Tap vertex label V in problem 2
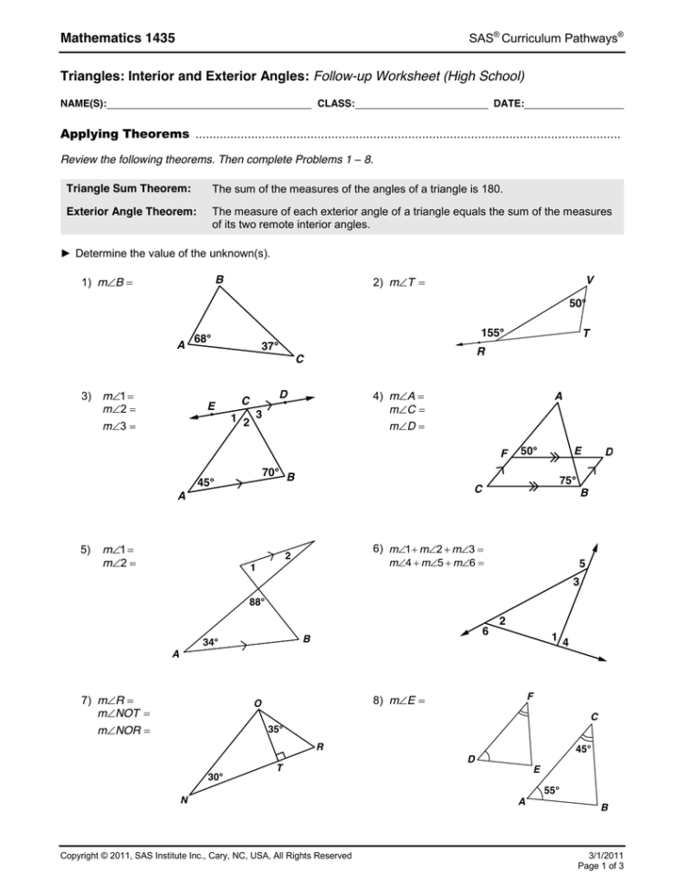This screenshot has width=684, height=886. tap(590, 280)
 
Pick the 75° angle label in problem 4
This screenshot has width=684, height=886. tap(569, 480)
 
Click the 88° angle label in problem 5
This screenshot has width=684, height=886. tap(258, 602)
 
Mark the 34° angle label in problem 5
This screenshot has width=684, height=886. tap(212, 642)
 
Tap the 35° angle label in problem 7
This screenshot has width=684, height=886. tap(275, 729)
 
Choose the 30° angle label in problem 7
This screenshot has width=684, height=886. tap(216, 776)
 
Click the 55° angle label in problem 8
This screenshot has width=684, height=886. tap(552, 789)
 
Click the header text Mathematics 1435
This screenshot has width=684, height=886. tap(118, 37)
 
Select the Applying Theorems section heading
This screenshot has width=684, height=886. tap(124, 134)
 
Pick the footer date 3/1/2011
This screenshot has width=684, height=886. tap(604, 855)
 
